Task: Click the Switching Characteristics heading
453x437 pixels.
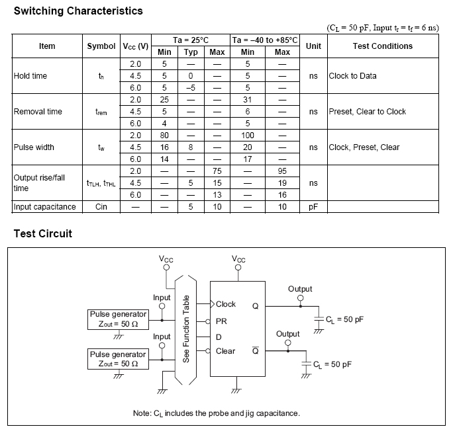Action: point(78,11)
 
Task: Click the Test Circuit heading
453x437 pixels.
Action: point(43,233)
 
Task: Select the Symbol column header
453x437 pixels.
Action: point(101,46)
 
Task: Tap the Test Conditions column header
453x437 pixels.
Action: point(382,46)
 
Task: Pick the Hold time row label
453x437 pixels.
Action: point(30,76)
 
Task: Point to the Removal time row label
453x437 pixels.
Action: point(38,112)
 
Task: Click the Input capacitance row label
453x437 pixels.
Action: point(45,207)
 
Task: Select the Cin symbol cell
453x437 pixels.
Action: point(101,207)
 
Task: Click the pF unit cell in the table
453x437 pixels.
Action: point(314,207)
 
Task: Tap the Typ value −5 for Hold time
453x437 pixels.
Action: point(191,88)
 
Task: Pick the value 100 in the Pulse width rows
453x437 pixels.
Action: point(248,136)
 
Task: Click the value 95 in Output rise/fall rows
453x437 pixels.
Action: point(282,171)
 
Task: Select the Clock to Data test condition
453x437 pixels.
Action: point(353,76)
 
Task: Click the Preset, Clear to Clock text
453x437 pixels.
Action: point(368,112)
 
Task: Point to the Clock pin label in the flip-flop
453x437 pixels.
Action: point(225,304)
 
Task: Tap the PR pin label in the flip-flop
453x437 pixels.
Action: point(221,321)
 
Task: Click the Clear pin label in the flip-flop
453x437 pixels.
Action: point(225,351)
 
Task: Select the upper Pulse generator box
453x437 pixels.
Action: point(118,319)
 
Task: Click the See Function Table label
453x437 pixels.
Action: point(186,329)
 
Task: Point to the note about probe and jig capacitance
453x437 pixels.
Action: point(216,413)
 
